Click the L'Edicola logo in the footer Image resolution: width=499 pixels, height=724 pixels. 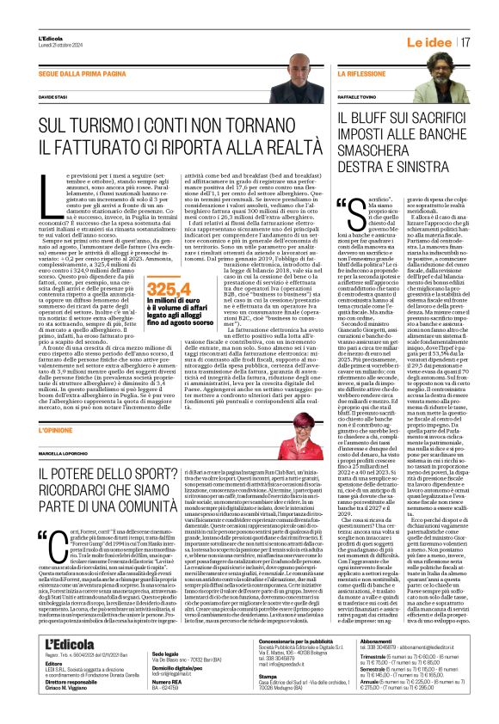pyautogui.click(x=69, y=644)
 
